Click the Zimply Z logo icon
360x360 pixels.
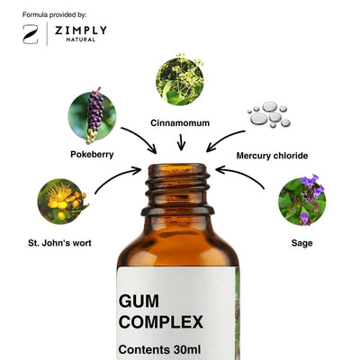(31, 34)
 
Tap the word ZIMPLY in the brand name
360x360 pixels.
(81, 31)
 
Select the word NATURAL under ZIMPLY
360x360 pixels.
(81, 40)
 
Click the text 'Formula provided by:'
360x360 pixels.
(55, 14)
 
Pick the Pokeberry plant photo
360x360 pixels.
(92, 115)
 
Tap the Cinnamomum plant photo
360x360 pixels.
(180, 80)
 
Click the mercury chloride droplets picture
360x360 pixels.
(269, 114)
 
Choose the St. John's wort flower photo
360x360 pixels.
(62, 202)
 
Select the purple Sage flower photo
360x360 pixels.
(302, 200)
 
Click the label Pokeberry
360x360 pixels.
(92, 155)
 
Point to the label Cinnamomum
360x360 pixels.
(180, 123)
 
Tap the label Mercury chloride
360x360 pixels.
(272, 156)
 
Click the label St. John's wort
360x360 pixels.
(59, 243)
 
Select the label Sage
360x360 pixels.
(301, 243)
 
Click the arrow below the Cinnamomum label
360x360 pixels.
(181, 142)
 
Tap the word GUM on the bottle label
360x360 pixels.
(139, 301)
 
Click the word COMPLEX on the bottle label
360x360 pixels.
(161, 322)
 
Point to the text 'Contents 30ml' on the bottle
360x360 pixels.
(159, 350)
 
